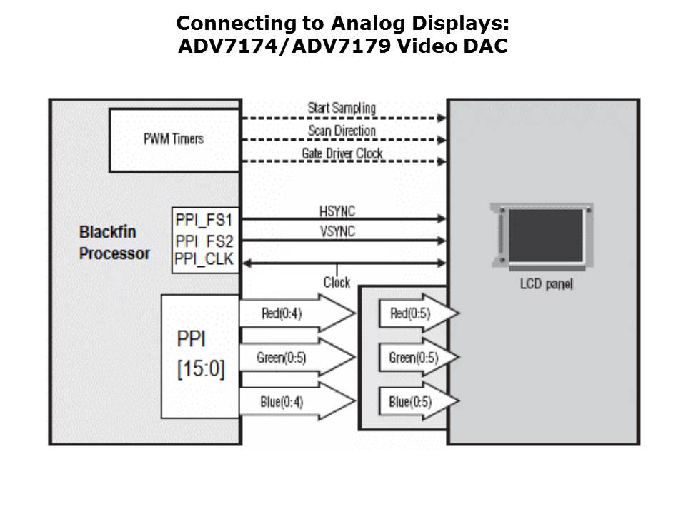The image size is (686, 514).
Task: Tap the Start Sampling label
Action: coord(341,108)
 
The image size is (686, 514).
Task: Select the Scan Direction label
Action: coord(342,131)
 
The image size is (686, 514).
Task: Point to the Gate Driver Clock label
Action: coord(342,153)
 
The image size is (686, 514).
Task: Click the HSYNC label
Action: coord(337,211)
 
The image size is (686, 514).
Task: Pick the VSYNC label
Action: coord(337,231)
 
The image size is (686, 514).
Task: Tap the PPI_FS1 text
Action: coord(204,218)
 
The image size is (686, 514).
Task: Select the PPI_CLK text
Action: coord(204,259)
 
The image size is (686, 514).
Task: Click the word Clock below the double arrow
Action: coord(337,283)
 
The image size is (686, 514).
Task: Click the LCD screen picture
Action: coord(542,235)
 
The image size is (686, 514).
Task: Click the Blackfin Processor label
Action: coord(114,243)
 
